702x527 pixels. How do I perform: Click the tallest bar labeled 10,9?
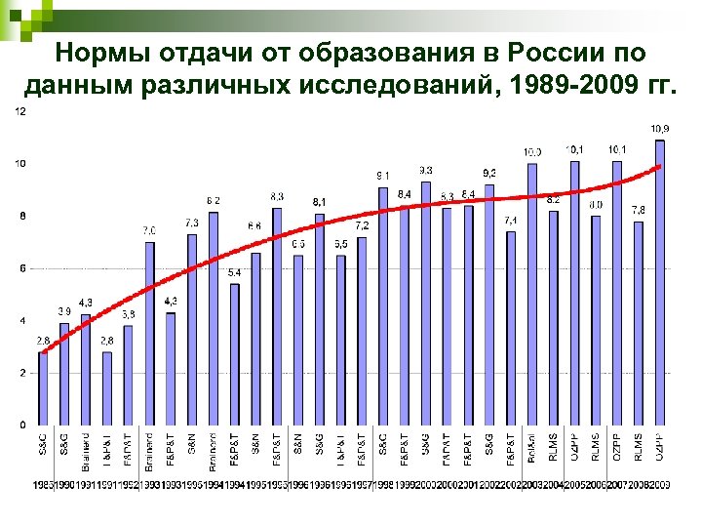click(x=660, y=283)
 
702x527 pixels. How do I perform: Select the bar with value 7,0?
click(x=149, y=333)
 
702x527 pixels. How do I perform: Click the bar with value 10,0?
click(x=532, y=294)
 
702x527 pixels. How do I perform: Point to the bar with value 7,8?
click(x=639, y=323)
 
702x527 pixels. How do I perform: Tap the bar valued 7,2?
click(x=362, y=331)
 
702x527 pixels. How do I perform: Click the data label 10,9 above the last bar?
click(x=660, y=129)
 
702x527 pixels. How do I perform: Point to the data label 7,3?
click(x=192, y=223)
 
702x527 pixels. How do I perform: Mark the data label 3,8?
click(x=129, y=314)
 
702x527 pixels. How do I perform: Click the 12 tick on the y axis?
click(x=19, y=110)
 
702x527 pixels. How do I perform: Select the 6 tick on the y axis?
click(x=22, y=268)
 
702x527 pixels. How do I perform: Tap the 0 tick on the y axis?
click(x=22, y=426)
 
